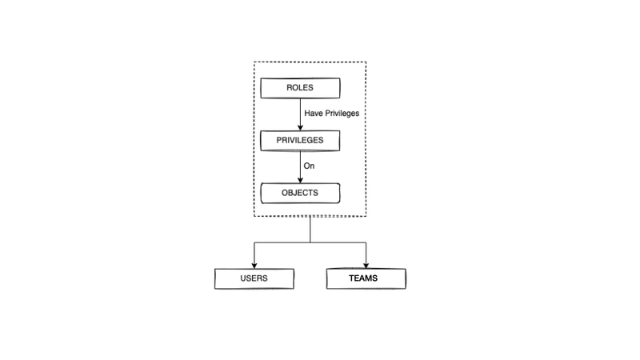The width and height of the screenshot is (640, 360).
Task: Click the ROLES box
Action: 300,87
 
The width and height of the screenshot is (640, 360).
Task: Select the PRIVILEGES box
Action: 300,140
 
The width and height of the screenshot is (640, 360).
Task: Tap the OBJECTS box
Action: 300,193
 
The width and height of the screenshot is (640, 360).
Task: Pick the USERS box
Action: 254,278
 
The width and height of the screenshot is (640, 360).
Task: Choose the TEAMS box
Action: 366,278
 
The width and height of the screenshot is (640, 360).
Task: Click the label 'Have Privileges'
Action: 331,114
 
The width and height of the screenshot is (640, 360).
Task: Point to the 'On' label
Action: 310,166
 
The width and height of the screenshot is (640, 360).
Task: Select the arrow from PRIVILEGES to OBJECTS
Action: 301,166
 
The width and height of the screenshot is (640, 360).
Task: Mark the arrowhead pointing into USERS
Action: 254,264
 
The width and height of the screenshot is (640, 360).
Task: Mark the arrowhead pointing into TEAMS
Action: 366,264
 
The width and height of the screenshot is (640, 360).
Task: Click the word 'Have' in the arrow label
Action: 314,114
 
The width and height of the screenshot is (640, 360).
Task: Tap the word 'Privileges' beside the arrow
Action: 342,114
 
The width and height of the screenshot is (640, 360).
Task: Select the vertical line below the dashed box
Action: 310,229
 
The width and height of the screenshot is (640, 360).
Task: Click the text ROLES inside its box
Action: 300,87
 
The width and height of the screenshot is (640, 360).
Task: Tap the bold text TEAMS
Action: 366,278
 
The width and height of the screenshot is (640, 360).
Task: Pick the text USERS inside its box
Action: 254,278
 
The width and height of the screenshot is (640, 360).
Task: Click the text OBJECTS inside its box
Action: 300,193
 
